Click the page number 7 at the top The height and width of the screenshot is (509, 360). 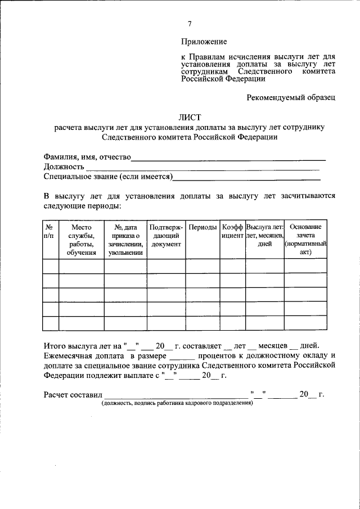190,23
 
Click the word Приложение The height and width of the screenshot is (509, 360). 204,42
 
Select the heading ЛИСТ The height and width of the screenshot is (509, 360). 190,118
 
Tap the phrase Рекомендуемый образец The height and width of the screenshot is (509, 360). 291,97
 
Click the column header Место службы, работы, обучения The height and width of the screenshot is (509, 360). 81,239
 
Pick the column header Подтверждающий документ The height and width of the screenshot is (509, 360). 166,235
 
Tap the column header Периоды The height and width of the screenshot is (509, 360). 202,227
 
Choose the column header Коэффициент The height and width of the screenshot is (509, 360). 232,231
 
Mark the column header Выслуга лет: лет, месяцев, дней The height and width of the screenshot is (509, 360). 264,235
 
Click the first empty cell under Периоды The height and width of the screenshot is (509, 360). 202,265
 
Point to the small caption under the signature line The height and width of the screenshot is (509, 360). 177,404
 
